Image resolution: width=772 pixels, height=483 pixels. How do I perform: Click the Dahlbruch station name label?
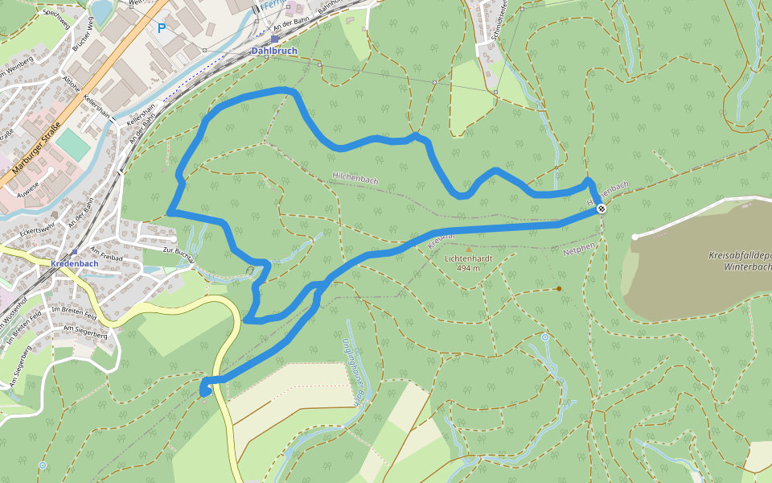(274, 51)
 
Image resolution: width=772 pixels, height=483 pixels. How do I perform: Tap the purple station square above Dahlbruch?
(274, 39)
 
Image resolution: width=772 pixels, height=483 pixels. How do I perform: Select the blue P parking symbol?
(162, 28)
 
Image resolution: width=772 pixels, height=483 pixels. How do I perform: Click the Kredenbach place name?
(74, 264)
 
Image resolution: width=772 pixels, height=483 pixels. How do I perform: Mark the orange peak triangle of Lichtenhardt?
(468, 250)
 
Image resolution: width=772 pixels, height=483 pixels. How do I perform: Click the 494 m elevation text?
(467, 268)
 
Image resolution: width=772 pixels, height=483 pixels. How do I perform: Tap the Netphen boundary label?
(579, 250)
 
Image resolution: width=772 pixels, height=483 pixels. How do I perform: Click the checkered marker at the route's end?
(601, 209)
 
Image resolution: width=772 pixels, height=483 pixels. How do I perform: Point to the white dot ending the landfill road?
(634, 237)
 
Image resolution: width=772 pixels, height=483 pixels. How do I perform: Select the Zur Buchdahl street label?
(179, 254)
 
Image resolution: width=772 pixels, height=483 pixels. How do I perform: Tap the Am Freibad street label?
(107, 258)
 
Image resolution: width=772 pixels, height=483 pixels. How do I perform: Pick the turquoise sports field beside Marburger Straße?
(73, 144)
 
